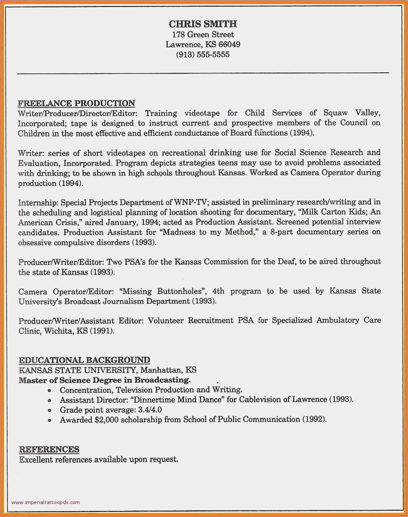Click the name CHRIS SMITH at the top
click(x=203, y=24)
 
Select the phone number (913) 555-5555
click(x=203, y=54)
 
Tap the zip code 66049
click(x=229, y=44)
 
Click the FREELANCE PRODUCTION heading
click(x=76, y=103)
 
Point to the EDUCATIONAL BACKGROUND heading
click(x=84, y=360)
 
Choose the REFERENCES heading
click(x=49, y=449)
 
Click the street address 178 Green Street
click(x=203, y=35)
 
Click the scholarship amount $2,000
click(x=106, y=420)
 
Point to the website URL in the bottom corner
click(x=46, y=502)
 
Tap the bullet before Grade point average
click(x=50, y=410)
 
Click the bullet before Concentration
click(x=50, y=390)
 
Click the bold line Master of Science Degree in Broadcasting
click(x=105, y=380)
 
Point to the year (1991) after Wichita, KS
click(x=102, y=331)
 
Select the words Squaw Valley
click(x=352, y=113)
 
